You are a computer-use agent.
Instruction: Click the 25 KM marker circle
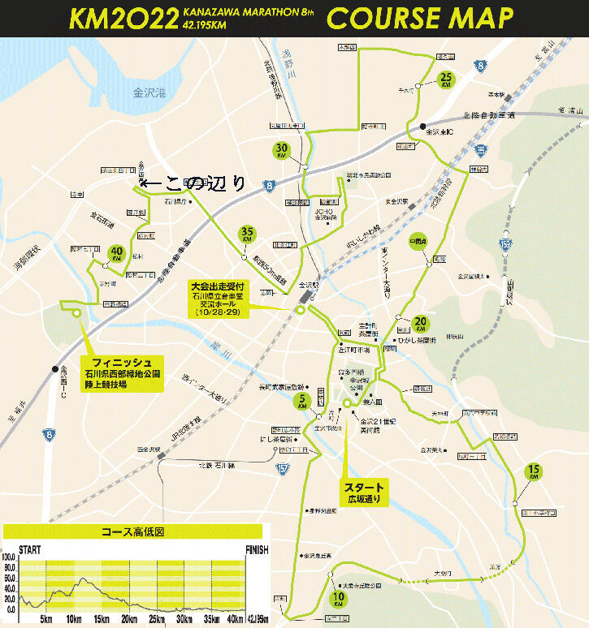point(445,80)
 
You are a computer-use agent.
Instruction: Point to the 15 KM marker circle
point(534,471)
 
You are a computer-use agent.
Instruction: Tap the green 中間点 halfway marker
point(418,242)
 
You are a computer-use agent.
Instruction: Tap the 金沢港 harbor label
point(149,94)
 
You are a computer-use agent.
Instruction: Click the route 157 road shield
point(282,469)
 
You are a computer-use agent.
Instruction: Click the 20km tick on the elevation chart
point(128,620)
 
